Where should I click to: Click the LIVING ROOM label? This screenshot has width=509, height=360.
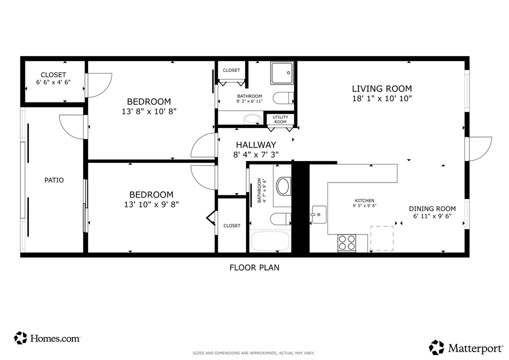click(381, 88)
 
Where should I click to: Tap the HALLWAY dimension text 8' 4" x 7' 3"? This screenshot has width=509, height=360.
click(256, 155)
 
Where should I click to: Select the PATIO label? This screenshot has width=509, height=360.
click(54, 180)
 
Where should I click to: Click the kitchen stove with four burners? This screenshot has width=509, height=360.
click(346, 242)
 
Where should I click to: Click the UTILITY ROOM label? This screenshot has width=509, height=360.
click(280, 119)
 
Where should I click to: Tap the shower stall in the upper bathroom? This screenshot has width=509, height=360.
click(282, 73)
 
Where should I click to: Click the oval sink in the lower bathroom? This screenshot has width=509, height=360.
click(283, 186)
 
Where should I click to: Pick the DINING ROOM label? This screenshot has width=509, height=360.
click(432, 208)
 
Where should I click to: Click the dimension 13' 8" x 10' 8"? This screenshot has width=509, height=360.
click(148, 110)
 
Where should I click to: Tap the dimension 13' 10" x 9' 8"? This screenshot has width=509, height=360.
click(151, 204)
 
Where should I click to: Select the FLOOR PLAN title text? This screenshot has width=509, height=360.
click(254, 267)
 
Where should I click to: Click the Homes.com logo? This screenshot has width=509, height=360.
click(47, 338)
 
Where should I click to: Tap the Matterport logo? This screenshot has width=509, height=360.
click(465, 347)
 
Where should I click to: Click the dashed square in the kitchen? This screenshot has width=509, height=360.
click(381, 238)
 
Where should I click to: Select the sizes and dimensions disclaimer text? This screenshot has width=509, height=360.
click(254, 353)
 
